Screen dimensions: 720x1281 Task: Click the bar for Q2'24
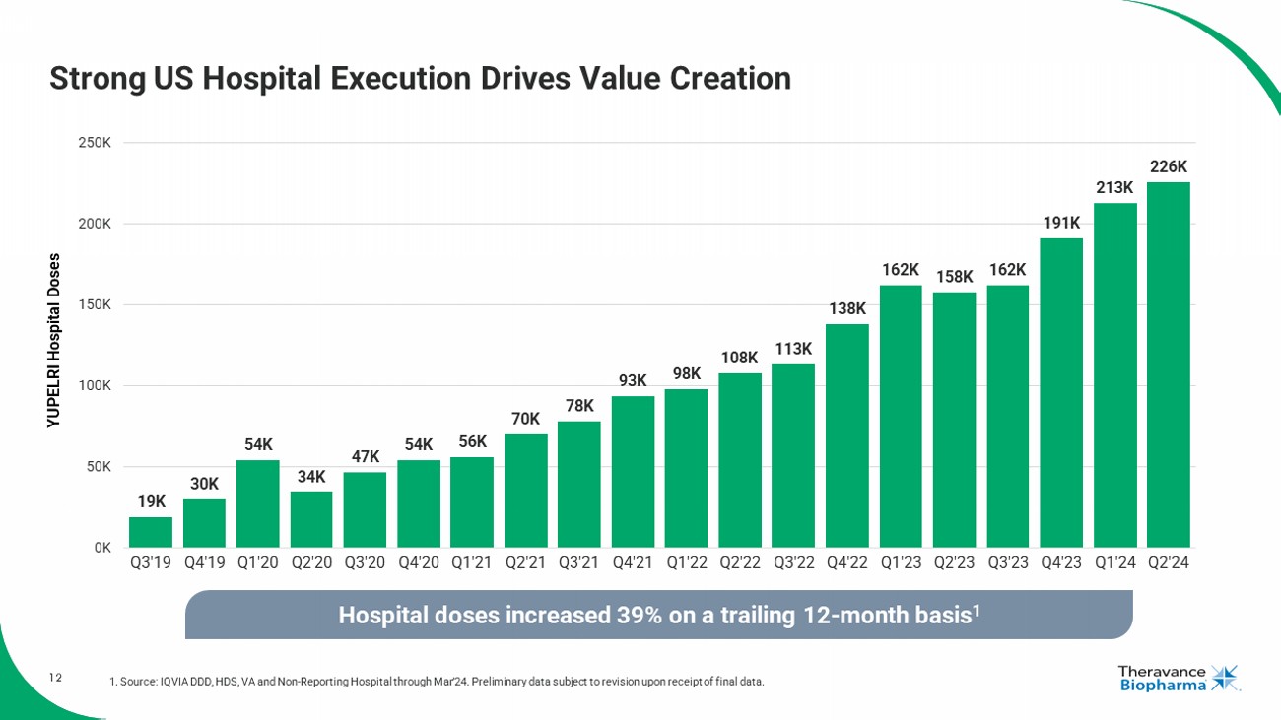1168,364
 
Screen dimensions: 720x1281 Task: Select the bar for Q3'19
151,532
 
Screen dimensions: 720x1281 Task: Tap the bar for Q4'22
847,435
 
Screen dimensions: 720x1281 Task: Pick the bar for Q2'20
311,519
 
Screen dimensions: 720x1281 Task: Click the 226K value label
1169,167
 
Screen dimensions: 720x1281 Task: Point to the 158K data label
955,277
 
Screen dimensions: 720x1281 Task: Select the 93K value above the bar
633,380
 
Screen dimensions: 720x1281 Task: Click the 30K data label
204,484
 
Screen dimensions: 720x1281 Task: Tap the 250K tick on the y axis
95,143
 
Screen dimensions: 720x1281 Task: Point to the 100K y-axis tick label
95,385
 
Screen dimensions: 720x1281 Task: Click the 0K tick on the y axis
101,548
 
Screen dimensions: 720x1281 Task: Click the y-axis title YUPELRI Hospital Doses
54,340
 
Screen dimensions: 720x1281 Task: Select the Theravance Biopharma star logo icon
1225,678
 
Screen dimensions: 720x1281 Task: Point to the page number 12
56,677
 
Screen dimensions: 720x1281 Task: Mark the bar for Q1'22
686,468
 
